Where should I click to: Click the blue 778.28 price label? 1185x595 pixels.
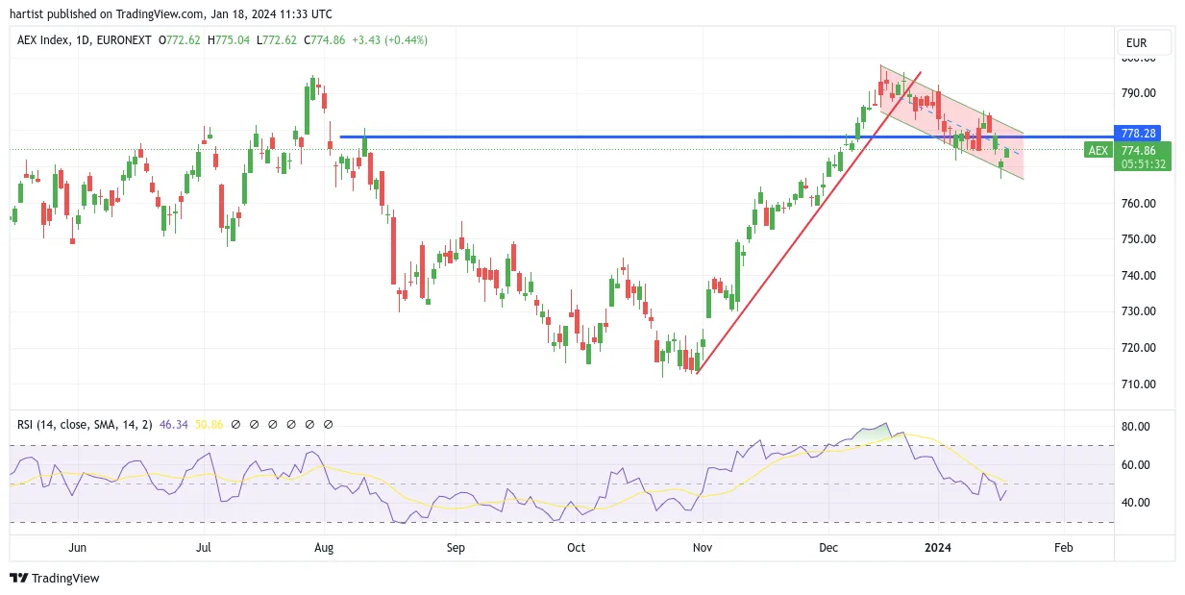tap(1137, 134)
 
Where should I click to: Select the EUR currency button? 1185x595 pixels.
tap(1136, 43)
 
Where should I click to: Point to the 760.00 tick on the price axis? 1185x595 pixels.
tap(1139, 203)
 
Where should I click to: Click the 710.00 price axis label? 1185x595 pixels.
tap(1139, 384)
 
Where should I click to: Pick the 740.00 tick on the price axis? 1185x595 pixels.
tap(1139, 276)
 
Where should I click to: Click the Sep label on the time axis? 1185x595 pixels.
tap(456, 547)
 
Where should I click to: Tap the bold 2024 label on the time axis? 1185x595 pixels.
tap(938, 547)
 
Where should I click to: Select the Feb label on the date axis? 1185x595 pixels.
tap(1064, 547)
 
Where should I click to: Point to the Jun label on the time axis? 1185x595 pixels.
tap(77, 547)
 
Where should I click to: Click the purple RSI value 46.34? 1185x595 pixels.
tap(174, 425)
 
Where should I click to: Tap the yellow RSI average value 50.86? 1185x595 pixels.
tap(209, 425)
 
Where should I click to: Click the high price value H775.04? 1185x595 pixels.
tap(229, 40)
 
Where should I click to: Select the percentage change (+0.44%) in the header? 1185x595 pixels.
tap(406, 40)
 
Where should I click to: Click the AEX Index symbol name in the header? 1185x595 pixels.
tap(43, 40)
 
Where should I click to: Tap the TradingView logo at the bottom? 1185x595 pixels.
tap(55, 578)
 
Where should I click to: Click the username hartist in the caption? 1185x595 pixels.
tap(27, 14)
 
